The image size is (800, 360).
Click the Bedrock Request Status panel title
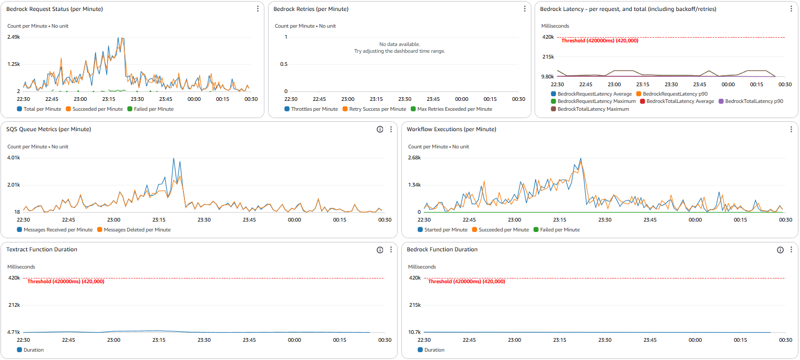click(54, 9)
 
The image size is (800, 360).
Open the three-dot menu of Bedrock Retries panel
click(525, 9)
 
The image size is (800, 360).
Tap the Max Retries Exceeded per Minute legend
click(451, 109)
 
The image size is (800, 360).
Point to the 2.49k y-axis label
click(14, 37)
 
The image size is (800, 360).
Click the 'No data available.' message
click(399, 44)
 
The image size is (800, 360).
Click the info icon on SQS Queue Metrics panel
click(380, 130)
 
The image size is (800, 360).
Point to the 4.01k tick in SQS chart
click(14, 158)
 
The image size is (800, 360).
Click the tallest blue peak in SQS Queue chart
click(174, 159)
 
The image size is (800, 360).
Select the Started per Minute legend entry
click(442, 230)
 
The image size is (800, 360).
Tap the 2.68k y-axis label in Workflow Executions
click(414, 158)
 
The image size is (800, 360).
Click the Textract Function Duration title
click(42, 250)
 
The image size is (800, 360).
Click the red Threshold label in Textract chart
click(66, 282)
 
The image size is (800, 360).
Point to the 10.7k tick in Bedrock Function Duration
click(415, 332)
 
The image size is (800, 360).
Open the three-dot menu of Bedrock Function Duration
click(791, 250)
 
